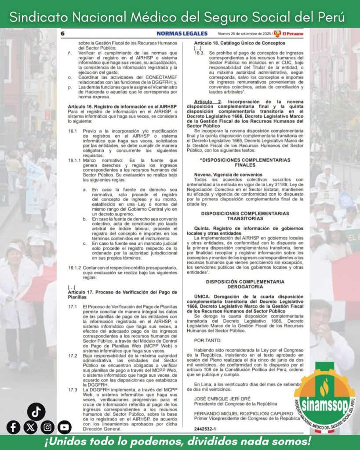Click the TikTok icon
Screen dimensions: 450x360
36,411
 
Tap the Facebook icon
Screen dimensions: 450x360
14,427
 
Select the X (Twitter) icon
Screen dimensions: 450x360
30,427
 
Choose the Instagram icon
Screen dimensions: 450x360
47,427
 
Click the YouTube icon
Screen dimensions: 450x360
64,427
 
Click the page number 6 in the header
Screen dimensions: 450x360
63,33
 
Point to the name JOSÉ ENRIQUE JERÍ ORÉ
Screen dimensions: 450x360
222,399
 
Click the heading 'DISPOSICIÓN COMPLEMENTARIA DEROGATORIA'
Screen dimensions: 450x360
245,284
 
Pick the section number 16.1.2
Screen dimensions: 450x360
75,268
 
